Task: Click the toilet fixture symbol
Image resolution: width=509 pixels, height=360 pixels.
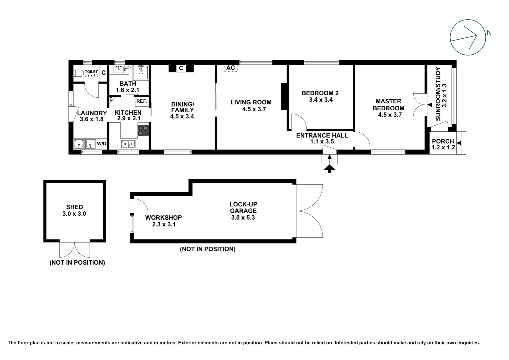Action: pyautogui.click(x=79, y=73)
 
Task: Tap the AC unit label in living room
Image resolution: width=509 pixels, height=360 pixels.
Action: pyautogui.click(x=231, y=68)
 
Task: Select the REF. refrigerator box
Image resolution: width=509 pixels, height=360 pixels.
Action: pyautogui.click(x=142, y=101)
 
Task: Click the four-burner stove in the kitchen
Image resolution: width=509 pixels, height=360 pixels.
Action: pyautogui.click(x=144, y=130)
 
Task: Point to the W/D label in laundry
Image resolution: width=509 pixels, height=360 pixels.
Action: pyautogui.click(x=102, y=144)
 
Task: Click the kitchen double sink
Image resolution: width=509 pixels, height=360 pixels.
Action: pyautogui.click(x=128, y=144)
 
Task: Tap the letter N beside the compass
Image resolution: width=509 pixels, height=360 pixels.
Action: pyautogui.click(x=489, y=33)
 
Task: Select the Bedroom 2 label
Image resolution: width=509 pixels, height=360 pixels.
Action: pyautogui.click(x=320, y=93)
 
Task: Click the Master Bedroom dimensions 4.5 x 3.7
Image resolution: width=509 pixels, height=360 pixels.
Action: pyautogui.click(x=390, y=115)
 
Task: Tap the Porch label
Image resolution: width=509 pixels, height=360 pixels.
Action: pyautogui.click(x=443, y=141)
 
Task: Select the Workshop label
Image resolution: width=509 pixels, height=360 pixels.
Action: pyautogui.click(x=163, y=218)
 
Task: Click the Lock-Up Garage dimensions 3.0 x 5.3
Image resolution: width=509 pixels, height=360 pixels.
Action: pyautogui.click(x=243, y=218)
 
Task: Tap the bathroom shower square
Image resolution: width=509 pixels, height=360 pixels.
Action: pyautogui.click(x=141, y=72)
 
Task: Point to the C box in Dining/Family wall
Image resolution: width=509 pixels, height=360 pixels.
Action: pyautogui.click(x=181, y=68)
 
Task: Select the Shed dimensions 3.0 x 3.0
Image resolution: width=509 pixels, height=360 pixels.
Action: pyautogui.click(x=74, y=214)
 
